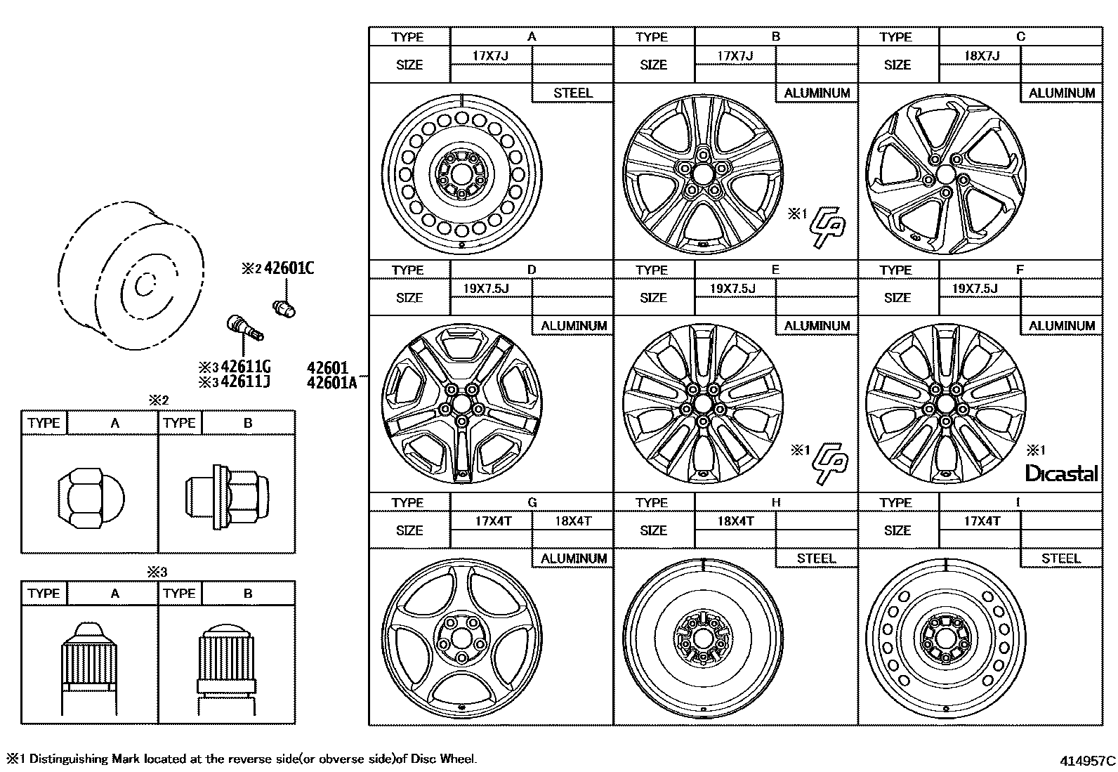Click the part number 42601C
pyautogui.click(x=289, y=268)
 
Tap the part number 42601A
pyautogui.click(x=331, y=382)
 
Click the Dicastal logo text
pyautogui.click(x=1061, y=473)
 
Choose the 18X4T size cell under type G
pyautogui.click(x=573, y=521)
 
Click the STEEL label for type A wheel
pyautogui.click(x=573, y=93)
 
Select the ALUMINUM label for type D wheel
pyautogui.click(x=573, y=326)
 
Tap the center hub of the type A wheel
pyautogui.click(x=461, y=174)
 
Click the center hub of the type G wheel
pyautogui.click(x=461, y=638)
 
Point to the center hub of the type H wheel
pyautogui.click(x=703, y=638)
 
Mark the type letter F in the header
pyautogui.click(x=1020, y=270)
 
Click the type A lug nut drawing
pyautogui.click(x=90, y=499)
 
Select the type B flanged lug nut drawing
pyautogui.click(x=227, y=497)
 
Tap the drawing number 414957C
pyautogui.click(x=1087, y=760)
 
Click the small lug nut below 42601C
pyautogui.click(x=284, y=307)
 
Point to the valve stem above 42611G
pyautogui.click(x=244, y=329)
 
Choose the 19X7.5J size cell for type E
pyautogui.click(x=733, y=289)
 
